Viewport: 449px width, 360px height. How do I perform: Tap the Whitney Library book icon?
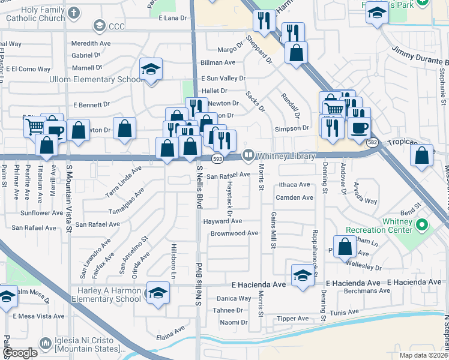pyautogui.click(x=248, y=156)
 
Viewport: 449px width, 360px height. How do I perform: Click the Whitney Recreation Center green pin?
pyautogui.click(x=422, y=226)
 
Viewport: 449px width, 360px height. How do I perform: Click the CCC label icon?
pyautogui.click(x=98, y=26)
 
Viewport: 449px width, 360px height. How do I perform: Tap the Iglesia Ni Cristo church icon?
pyautogui.click(x=46, y=343)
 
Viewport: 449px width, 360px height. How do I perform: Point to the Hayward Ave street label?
pyautogui.click(x=222, y=221)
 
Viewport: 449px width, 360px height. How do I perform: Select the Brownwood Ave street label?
pyautogui.click(x=234, y=233)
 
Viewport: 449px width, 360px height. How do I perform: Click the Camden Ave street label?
pyautogui.click(x=294, y=197)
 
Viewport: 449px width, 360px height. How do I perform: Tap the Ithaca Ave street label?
pyautogui.click(x=293, y=185)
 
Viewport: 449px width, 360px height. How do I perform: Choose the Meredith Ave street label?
pyautogui.click(x=91, y=44)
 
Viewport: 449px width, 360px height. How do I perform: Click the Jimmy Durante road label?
pyautogui.click(x=420, y=56)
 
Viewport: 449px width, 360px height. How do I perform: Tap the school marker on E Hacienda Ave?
pyautogui.click(x=303, y=275)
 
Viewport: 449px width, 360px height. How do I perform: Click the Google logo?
pyautogui.click(x=20, y=353)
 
